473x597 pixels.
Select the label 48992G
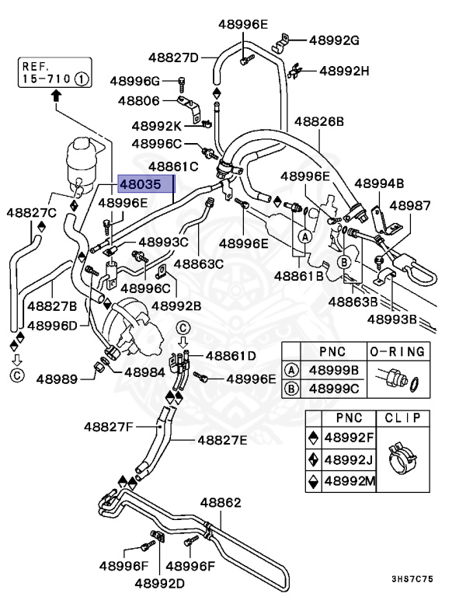334,40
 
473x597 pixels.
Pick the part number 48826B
318,122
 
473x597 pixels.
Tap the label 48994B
379,184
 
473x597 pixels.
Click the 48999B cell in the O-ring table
335,370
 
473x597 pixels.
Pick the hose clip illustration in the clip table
401,459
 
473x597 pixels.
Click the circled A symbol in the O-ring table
292,370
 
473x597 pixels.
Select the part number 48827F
110,427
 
